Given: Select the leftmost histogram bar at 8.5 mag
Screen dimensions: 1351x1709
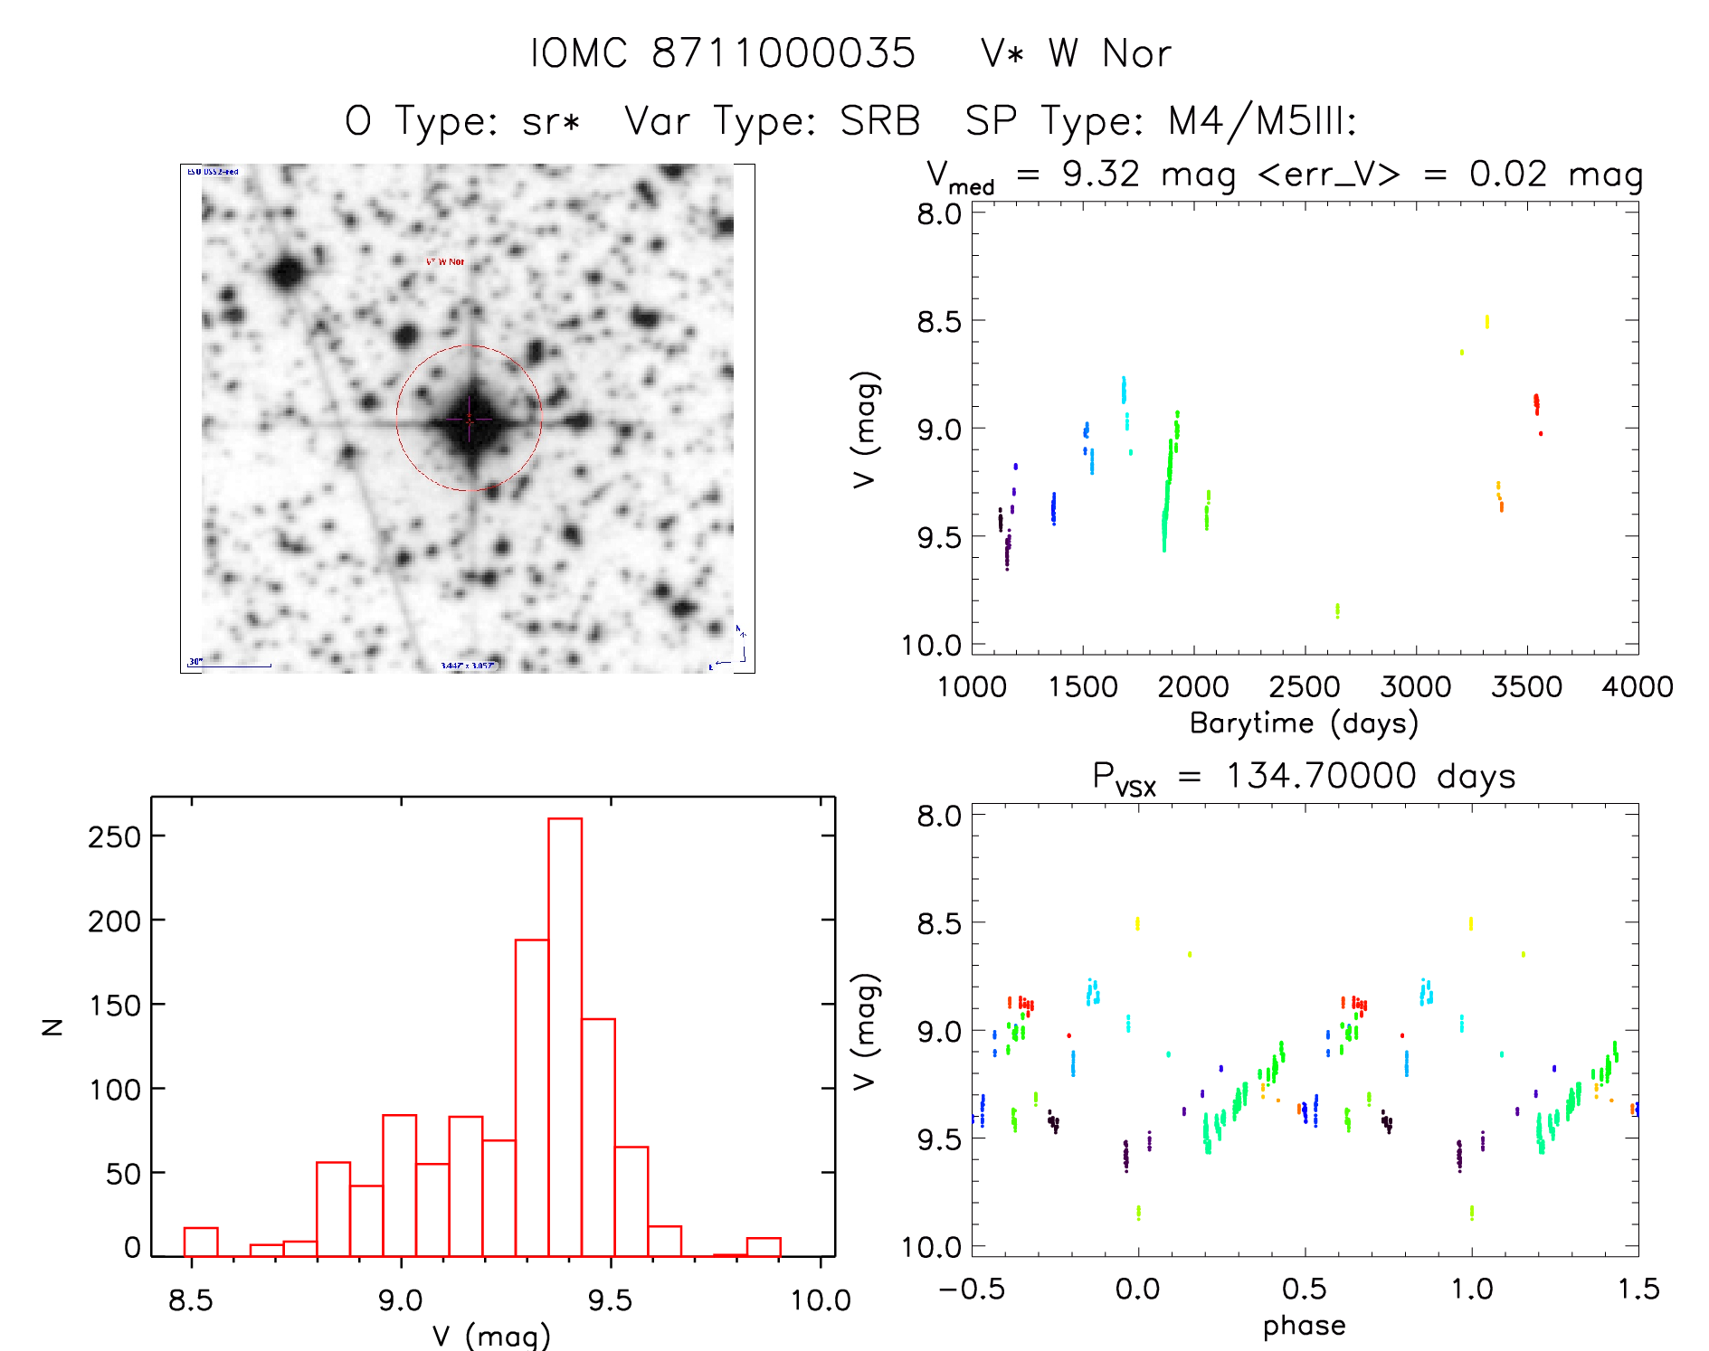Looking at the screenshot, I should pyautogui.click(x=201, y=1242).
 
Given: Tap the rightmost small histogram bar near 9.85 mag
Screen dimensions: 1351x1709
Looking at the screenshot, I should pyautogui.click(x=764, y=1247).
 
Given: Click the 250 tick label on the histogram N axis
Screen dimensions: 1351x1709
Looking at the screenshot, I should pyautogui.click(x=114, y=837).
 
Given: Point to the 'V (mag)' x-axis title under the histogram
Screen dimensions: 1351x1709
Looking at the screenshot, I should pyautogui.click(x=491, y=1336).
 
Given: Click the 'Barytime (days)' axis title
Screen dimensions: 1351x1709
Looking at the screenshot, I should pyautogui.click(x=1304, y=723).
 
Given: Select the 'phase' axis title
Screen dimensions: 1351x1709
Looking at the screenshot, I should pyautogui.click(x=1304, y=1326).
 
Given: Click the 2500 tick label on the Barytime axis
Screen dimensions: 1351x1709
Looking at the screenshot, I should pyautogui.click(x=1304, y=687).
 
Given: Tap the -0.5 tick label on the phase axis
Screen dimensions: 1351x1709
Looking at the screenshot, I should pyautogui.click(x=972, y=1290).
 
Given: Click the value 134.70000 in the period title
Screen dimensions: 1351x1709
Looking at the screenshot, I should pyautogui.click(x=1320, y=776).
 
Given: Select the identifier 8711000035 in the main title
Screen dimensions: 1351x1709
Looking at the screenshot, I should pyautogui.click(x=783, y=53).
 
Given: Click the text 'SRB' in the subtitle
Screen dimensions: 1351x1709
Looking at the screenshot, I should pyautogui.click(x=879, y=121).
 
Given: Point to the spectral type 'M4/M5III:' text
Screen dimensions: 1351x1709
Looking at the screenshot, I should pyautogui.click(x=1263, y=121).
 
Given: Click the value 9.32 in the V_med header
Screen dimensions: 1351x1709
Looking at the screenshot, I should pyautogui.click(x=1101, y=174).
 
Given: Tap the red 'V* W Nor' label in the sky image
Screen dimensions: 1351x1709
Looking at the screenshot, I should pyautogui.click(x=445, y=261).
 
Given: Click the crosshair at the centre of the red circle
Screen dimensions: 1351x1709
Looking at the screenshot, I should pyautogui.click(x=469, y=419).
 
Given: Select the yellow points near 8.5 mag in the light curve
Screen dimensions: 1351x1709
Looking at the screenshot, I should pyautogui.click(x=1486, y=321).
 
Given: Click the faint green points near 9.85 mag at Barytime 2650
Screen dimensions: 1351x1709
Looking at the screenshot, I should pyautogui.click(x=1337, y=610).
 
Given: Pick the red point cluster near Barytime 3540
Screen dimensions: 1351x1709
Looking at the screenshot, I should pyautogui.click(x=1536, y=403).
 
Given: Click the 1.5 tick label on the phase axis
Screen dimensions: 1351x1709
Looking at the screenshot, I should pyautogui.click(x=1638, y=1290).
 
